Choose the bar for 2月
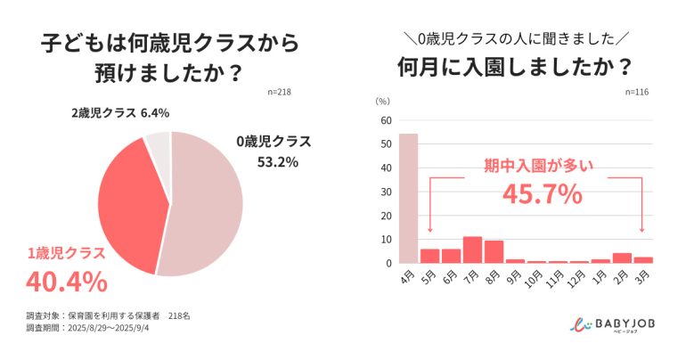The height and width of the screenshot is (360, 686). click(x=623, y=258)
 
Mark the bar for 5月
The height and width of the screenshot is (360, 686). click(x=430, y=256)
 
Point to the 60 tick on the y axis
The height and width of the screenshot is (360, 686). click(x=386, y=120)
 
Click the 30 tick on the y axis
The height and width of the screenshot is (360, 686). click(x=386, y=192)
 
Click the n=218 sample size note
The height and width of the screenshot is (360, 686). click(x=280, y=92)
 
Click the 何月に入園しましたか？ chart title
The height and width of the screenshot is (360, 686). click(x=515, y=67)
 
